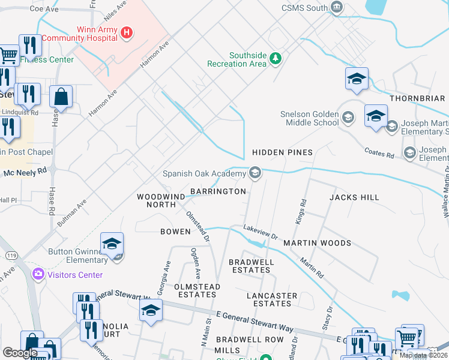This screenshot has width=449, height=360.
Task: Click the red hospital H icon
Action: [x=126, y=33]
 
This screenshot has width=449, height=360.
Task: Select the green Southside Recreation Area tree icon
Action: [x=276, y=58]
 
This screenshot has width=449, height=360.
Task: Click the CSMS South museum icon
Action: [x=337, y=8]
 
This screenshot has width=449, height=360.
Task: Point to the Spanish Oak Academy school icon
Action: [x=255, y=174]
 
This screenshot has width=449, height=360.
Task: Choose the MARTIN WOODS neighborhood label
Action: [x=317, y=243]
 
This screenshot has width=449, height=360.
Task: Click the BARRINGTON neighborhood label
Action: [x=218, y=191]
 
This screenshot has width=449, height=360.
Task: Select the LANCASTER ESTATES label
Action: [x=272, y=300]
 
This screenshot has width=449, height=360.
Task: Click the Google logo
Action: [x=20, y=352]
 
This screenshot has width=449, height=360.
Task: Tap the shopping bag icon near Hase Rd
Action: [x=61, y=97]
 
